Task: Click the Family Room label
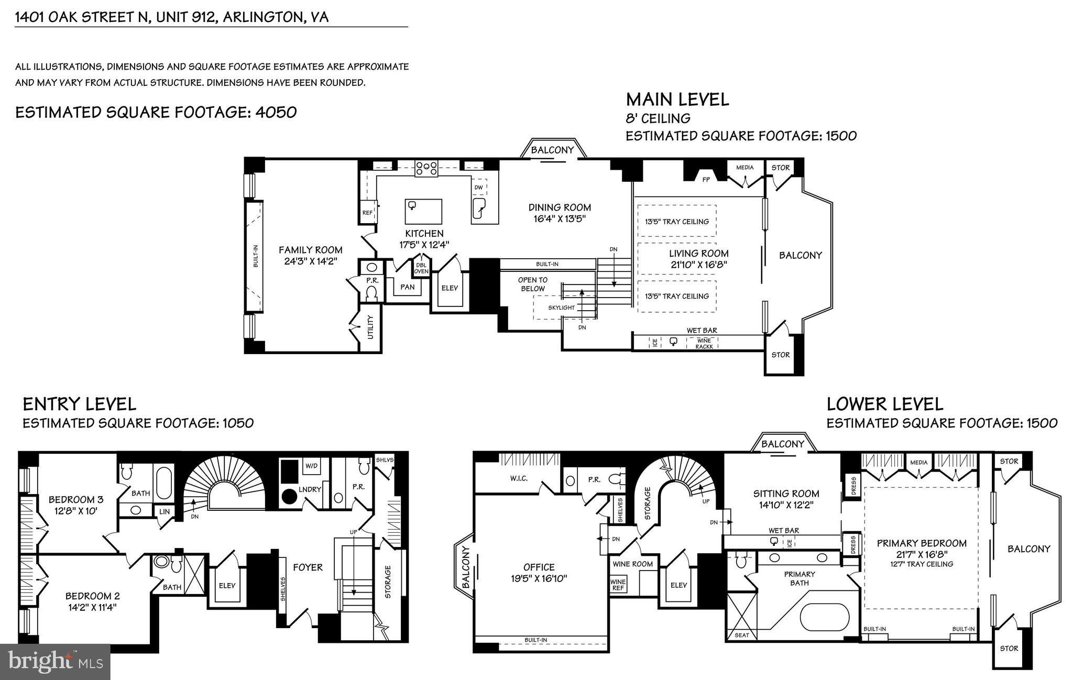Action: tap(310, 250)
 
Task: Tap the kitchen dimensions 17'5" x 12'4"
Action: tap(424, 244)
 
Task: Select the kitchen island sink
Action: tap(412, 205)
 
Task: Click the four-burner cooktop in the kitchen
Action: tap(426, 169)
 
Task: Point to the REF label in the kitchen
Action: tap(367, 213)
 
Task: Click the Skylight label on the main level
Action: tap(561, 308)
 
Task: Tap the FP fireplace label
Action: tap(706, 179)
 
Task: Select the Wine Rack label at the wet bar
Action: tap(704, 344)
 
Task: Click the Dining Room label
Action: tap(560, 207)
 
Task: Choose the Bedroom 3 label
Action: tap(72, 499)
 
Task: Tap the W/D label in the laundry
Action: tap(311, 465)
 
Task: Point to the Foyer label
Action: tap(308, 567)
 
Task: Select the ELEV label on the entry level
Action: tap(227, 585)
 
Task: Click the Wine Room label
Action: tap(632, 564)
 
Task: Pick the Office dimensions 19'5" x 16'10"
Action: tap(539, 578)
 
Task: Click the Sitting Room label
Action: tap(786, 493)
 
